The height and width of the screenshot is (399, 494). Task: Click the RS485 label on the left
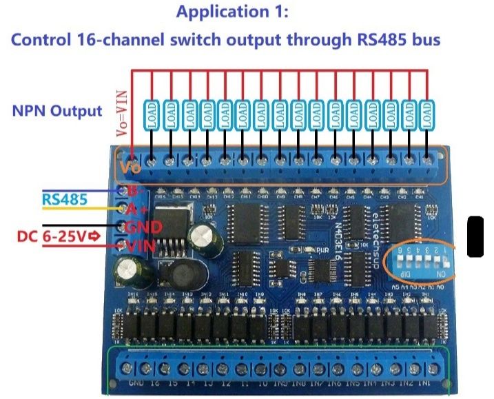click(x=65, y=200)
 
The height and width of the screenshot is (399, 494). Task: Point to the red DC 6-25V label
click(x=61, y=236)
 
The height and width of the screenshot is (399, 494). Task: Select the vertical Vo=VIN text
click(x=121, y=113)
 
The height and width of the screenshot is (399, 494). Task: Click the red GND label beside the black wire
click(x=143, y=227)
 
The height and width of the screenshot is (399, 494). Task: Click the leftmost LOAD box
click(x=152, y=114)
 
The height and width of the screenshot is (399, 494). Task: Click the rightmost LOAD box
click(x=428, y=114)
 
